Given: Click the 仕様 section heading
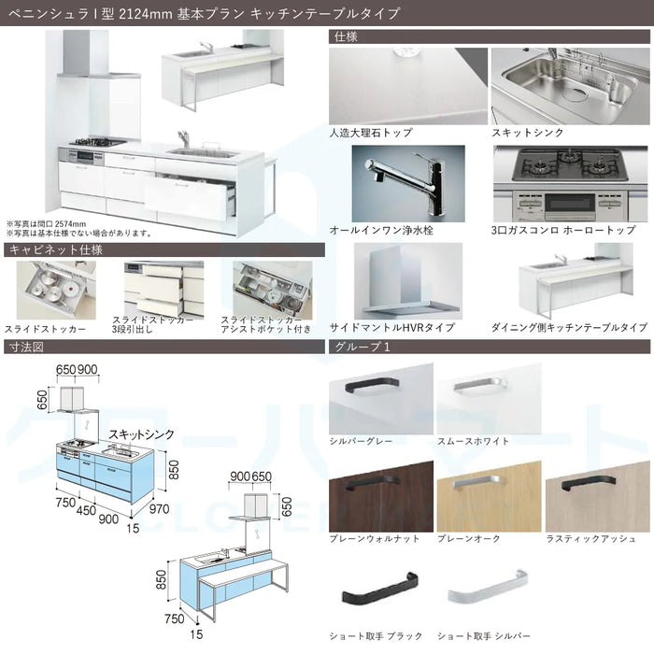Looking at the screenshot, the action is [x=346, y=36].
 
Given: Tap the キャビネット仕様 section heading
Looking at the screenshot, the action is [x=55, y=249].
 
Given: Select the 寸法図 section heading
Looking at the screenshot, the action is [x=26, y=347].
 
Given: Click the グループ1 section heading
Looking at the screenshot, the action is [x=363, y=347].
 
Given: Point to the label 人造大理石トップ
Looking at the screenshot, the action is [x=371, y=133].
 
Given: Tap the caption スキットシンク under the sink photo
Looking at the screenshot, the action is [x=527, y=133].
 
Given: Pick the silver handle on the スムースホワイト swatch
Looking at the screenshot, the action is [x=479, y=386].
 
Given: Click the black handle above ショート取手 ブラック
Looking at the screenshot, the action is [x=380, y=589].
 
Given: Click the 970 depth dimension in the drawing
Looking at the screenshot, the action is [x=159, y=509].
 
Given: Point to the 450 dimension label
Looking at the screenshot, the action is [x=86, y=510].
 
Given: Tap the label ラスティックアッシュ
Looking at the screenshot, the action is [x=591, y=539].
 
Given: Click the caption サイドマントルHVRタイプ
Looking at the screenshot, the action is [x=392, y=327].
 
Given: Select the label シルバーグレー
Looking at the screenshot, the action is [x=362, y=441].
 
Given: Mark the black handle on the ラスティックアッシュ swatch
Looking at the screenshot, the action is [x=589, y=482].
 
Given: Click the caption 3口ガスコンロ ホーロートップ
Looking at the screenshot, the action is [x=563, y=230].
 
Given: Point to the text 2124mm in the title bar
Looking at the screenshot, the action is [x=146, y=14].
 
